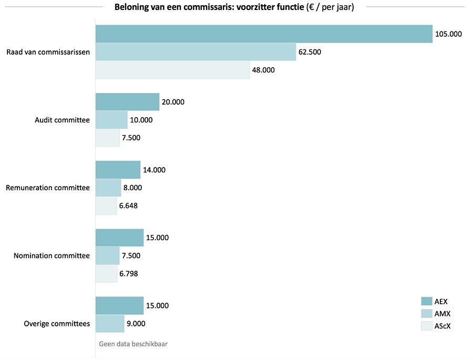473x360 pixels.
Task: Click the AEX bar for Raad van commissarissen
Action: coord(263,34)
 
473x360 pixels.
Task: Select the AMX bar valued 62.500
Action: coord(196,52)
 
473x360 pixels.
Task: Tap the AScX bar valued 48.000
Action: coord(172,70)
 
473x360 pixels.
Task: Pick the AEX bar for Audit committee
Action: coord(127,102)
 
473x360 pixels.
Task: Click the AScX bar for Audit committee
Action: coord(107,138)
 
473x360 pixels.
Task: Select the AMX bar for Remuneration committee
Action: coord(108,188)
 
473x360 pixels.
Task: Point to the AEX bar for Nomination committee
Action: coord(119,238)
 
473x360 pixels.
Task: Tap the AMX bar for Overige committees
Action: coord(110,324)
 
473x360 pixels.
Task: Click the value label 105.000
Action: coord(448,34)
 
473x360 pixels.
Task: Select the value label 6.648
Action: coord(128,205)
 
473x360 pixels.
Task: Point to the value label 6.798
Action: coord(128,273)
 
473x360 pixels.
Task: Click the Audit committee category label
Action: coord(62,120)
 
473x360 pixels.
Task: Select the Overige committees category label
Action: coord(57,324)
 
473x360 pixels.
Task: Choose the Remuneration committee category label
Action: coord(48,188)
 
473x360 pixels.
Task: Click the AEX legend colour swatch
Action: coord(426,301)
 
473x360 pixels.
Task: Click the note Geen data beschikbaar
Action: coord(133,344)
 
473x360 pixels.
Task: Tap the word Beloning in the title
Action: coord(131,7)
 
